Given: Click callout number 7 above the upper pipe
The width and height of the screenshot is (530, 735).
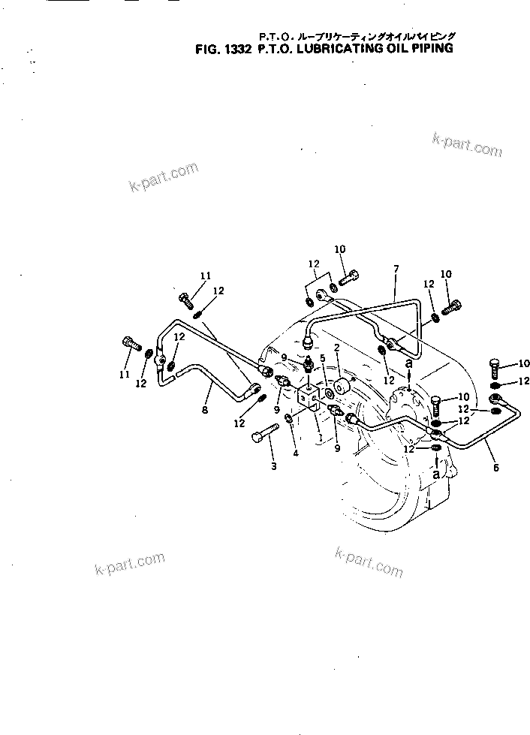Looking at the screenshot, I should [x=396, y=269].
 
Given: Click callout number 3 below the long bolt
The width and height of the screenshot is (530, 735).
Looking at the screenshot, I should [x=273, y=465].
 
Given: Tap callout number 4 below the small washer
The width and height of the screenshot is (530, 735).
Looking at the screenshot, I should [x=295, y=453].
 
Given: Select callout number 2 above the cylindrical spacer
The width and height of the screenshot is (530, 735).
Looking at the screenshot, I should [x=337, y=348].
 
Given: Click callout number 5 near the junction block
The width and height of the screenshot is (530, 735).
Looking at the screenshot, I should [x=322, y=358].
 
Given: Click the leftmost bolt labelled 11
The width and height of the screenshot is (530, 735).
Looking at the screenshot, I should [x=131, y=344].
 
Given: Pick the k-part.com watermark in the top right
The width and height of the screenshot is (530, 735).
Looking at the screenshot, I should [x=467, y=145].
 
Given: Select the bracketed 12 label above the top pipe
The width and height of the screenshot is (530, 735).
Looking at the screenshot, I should [x=314, y=264].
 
